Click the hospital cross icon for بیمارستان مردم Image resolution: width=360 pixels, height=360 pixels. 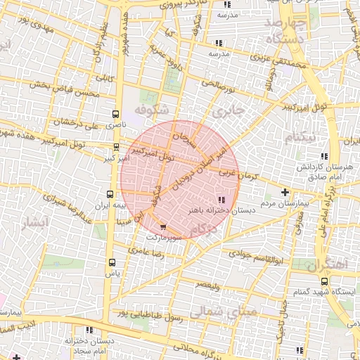pos(285,192)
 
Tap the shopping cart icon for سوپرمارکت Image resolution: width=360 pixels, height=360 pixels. pos(164,227)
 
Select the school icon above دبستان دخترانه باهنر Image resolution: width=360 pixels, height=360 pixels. pos(222,200)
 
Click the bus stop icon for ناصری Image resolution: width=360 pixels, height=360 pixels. pos(115,114)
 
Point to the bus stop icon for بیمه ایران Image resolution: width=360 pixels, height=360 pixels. pos(109,193)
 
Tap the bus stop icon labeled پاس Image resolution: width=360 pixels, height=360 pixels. pos(111,262)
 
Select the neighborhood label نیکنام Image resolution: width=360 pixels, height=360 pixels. pos(300,136)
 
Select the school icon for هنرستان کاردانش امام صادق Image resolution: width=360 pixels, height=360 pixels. pos(323,156)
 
